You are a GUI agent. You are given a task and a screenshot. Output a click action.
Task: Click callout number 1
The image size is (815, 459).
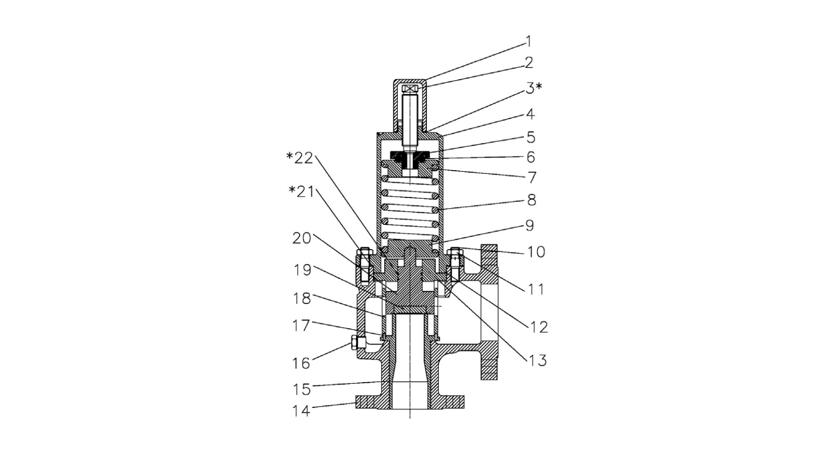click(528, 41)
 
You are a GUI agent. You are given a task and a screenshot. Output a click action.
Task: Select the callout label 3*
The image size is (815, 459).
click(533, 88)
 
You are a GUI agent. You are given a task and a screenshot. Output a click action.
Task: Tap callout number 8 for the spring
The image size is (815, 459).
click(531, 200)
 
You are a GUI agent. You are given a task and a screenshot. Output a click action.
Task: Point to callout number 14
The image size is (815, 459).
click(301, 411)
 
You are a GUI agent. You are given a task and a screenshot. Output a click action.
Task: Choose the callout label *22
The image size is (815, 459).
click(300, 158)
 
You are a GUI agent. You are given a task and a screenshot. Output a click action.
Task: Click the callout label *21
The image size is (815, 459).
click(301, 191)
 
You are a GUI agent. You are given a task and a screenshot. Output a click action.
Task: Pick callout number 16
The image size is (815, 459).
click(301, 363)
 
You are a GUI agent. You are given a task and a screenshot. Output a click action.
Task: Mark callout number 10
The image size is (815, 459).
click(536, 252)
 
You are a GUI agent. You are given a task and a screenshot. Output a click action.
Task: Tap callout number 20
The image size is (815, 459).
click(302, 238)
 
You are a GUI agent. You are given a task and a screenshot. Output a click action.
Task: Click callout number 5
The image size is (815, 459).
click(531, 137)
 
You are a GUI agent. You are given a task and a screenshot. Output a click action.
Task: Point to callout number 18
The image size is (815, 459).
click(302, 299)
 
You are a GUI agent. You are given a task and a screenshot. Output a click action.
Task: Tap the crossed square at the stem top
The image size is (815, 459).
click(410, 89)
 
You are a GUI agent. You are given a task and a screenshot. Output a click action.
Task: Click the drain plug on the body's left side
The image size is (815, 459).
click(355, 342)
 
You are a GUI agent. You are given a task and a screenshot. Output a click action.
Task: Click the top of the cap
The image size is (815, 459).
click(410, 81)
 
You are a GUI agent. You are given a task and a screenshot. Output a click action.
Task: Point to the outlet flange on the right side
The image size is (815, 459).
click(489, 312)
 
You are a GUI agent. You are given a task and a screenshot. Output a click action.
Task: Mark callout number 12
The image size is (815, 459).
click(539, 327)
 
